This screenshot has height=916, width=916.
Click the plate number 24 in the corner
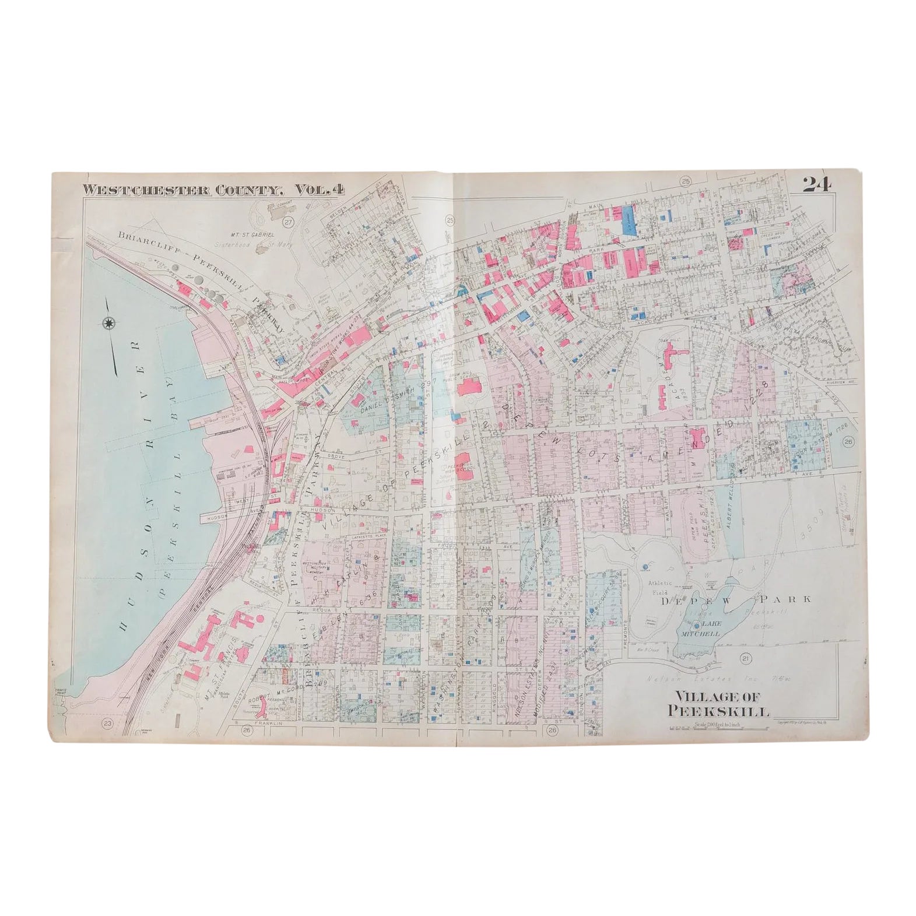[x=816, y=185]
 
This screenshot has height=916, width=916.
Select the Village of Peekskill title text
[x=721, y=703]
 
